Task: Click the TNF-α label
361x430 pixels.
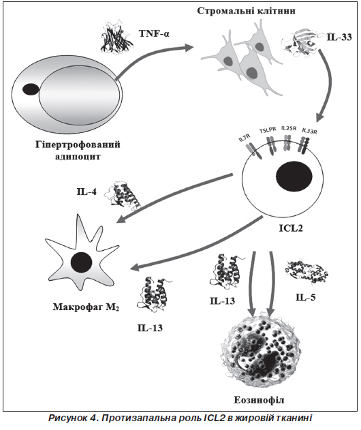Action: [x=155, y=33]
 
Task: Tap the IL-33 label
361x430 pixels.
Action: [x=339, y=37]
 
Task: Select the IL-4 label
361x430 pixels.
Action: [x=87, y=191]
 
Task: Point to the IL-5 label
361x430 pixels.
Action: [x=305, y=297]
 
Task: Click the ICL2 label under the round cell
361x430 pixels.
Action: [x=291, y=228]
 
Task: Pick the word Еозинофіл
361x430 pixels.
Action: [x=259, y=400]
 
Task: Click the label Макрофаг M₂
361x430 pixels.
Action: [x=86, y=307]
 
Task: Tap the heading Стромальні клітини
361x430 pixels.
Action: [x=246, y=11]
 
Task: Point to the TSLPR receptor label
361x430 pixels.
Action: [x=268, y=130]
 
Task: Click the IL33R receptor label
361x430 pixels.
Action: [x=309, y=131]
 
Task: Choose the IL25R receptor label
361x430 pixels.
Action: [x=289, y=128]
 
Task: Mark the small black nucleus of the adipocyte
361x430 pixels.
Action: [x=31, y=89]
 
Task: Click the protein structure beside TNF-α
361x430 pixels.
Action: [x=117, y=37]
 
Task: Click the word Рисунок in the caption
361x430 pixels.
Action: [x=67, y=418]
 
